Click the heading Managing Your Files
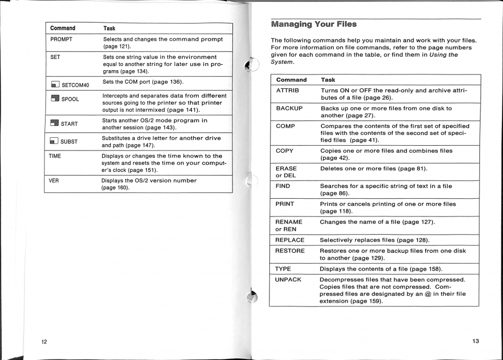313,24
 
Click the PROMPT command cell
61,40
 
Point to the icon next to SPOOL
55,99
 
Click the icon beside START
55,124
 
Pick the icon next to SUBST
55,141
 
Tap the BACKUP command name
289,108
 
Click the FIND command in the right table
283,186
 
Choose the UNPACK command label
288,280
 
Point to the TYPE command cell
283,268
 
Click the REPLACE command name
290,240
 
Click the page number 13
476,341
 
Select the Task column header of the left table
109,28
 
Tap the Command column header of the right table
291,80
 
